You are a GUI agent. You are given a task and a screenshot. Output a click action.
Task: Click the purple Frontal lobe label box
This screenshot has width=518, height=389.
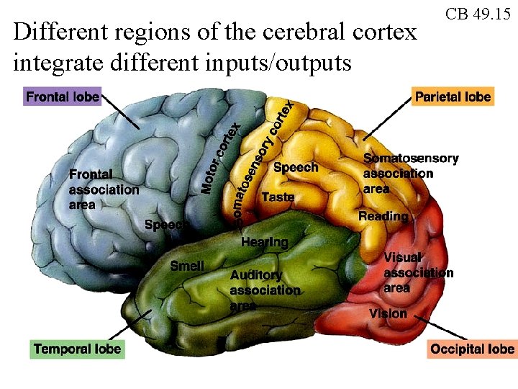[x=63, y=97]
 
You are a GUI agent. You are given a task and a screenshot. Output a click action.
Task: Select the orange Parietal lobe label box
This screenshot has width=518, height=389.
[x=453, y=97]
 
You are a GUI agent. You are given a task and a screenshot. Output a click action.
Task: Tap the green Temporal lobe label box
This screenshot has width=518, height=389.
[x=78, y=349]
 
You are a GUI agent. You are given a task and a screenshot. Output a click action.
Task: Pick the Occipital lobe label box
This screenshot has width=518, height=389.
[x=472, y=349]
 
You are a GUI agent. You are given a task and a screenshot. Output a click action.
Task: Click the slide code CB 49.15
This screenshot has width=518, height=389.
[x=478, y=14]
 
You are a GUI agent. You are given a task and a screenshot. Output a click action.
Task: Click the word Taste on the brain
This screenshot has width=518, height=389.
[x=278, y=197]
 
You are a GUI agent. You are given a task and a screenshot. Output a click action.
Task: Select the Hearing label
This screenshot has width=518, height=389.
[x=264, y=243]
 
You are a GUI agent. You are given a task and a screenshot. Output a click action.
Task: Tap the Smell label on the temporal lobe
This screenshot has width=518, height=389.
[x=187, y=266]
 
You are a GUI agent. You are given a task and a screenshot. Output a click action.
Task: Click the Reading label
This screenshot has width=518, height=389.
[x=383, y=216]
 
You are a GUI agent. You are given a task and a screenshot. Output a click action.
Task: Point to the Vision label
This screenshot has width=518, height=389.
[x=388, y=313]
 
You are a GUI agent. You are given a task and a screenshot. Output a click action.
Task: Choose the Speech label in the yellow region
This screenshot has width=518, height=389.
[x=296, y=167]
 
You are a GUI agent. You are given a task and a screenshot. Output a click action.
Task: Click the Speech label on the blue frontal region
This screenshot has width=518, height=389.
[x=165, y=225]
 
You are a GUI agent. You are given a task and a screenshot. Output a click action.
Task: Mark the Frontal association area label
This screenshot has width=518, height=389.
[x=104, y=189]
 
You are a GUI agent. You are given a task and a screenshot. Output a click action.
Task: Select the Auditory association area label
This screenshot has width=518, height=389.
[x=264, y=290]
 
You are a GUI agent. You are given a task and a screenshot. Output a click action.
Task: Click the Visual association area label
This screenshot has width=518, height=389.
[x=417, y=272]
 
